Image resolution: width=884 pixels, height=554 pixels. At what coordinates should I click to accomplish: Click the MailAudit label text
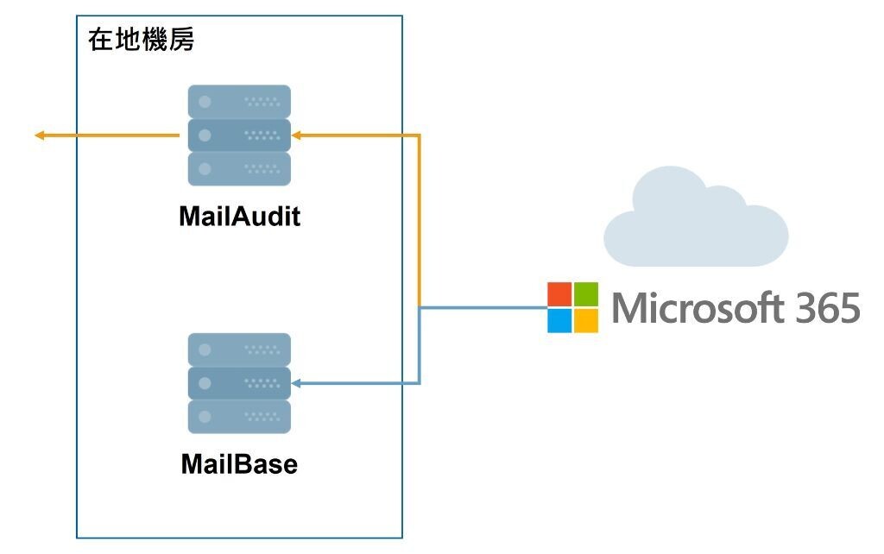click(x=239, y=216)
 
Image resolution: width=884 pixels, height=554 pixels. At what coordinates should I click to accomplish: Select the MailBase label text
click(x=239, y=464)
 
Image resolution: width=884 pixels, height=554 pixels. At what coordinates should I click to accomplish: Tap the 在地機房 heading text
click(x=141, y=40)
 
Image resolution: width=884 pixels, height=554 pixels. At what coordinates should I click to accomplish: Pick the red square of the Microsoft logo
click(x=560, y=294)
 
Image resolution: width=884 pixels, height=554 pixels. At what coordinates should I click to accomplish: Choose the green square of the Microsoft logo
click(x=586, y=294)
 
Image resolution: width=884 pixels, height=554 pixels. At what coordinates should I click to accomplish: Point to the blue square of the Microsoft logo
click(x=560, y=320)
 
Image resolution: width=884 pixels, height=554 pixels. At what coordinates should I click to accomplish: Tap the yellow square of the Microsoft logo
click(x=586, y=320)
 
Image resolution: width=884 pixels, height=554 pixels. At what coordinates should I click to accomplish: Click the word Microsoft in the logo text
click(x=693, y=307)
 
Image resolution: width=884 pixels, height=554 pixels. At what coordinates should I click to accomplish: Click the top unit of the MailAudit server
click(x=239, y=101)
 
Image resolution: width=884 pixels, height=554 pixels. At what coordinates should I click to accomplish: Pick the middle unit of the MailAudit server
click(x=239, y=135)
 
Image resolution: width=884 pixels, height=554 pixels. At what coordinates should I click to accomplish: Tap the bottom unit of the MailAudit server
click(x=239, y=168)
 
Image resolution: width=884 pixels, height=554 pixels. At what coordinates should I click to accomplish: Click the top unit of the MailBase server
click(x=239, y=349)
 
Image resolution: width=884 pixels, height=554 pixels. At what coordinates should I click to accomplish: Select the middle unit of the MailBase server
click(x=239, y=382)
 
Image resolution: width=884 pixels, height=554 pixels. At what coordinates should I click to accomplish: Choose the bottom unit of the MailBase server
click(x=239, y=416)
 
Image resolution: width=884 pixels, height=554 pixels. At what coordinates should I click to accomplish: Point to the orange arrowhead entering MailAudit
click(x=296, y=135)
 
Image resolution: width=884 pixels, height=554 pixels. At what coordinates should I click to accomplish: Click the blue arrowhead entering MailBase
click(x=296, y=382)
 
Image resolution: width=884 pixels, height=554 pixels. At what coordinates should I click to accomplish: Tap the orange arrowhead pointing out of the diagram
click(x=40, y=135)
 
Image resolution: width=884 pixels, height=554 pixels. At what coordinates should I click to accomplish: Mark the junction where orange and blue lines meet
click(x=420, y=307)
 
